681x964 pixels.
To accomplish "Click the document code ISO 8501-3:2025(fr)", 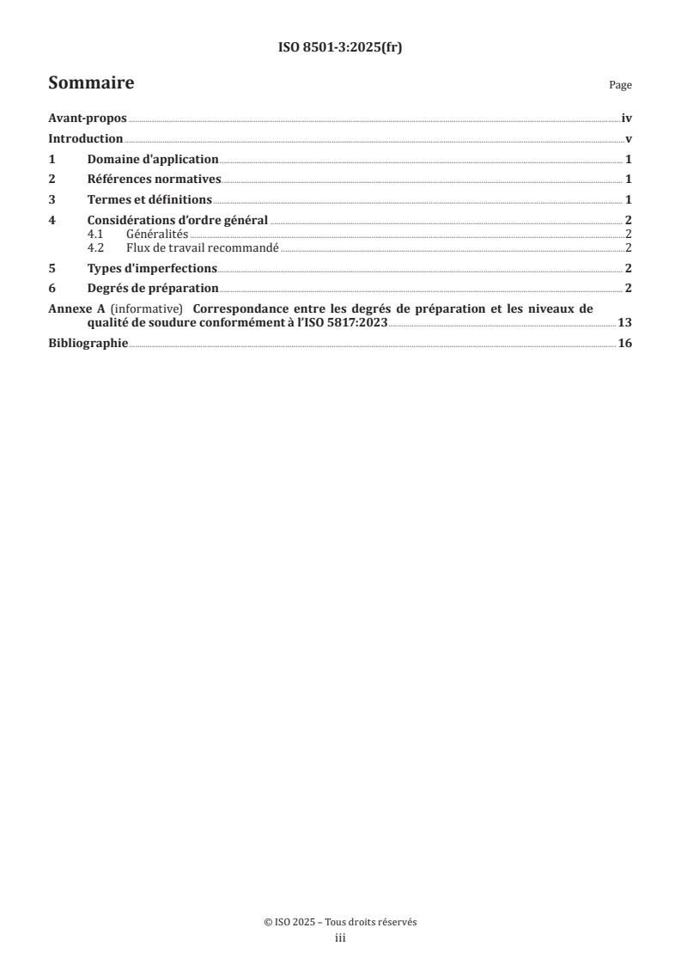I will [x=340, y=48].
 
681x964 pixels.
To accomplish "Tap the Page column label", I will [x=620, y=86].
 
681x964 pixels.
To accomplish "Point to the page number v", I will [x=629, y=139].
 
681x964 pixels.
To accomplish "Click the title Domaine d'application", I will [x=153, y=160].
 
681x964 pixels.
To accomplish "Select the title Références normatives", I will [x=155, y=180].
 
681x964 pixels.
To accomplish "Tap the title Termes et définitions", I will [x=149, y=200].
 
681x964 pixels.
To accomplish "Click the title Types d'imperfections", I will [x=152, y=267].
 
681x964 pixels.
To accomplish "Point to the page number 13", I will [x=625, y=323].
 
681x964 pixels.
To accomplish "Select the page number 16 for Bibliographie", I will [x=625, y=344].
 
